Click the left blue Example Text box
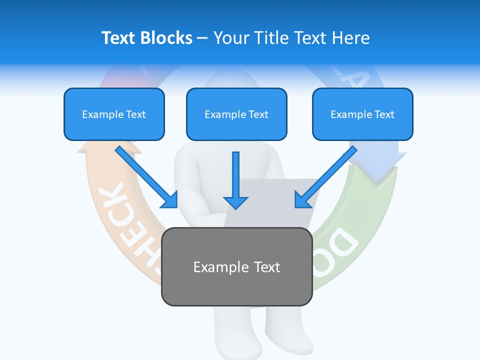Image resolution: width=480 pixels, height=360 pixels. click(x=114, y=114)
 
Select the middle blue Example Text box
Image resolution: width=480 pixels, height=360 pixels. click(x=236, y=114)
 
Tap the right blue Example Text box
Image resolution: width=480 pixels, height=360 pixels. click(x=362, y=114)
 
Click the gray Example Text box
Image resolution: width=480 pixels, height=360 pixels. click(x=236, y=266)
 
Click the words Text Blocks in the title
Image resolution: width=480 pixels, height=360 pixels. click(x=146, y=37)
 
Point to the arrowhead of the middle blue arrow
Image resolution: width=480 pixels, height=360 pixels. click(x=235, y=201)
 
